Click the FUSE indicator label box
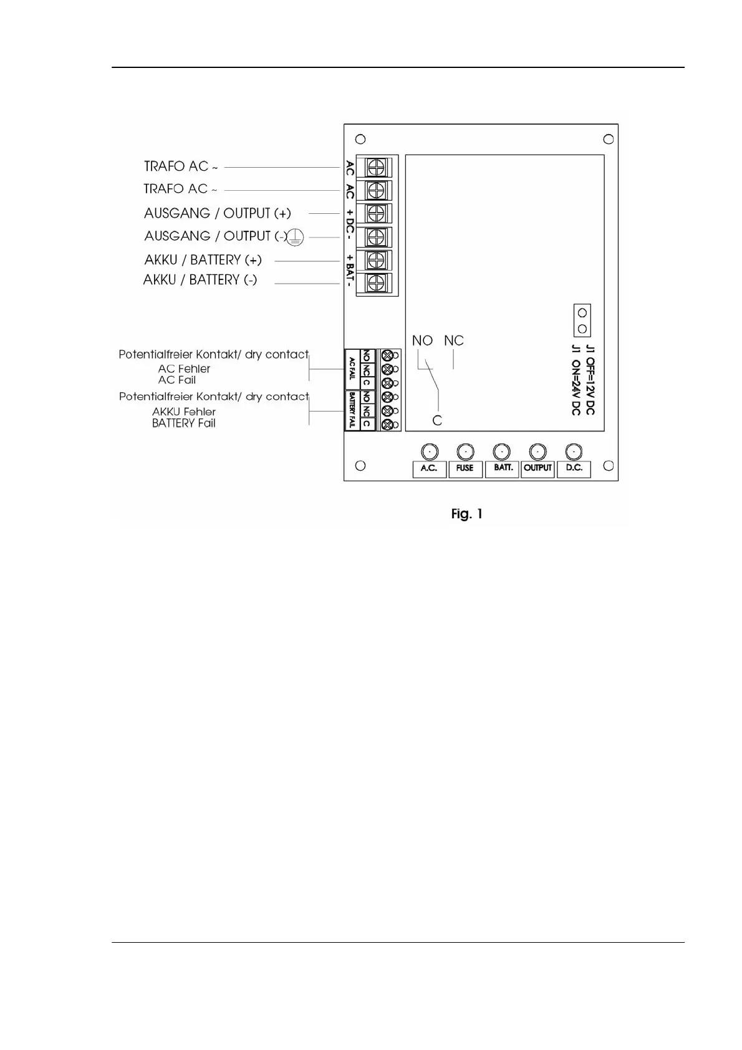pyautogui.click(x=465, y=469)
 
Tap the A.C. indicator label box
pyautogui.click(x=429, y=469)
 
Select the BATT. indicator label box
pyautogui.click(x=502, y=469)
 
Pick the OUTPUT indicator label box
pyautogui.click(x=537, y=469)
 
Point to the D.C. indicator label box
pyautogui.click(x=574, y=469)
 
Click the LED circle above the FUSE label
pyautogui.click(x=465, y=451)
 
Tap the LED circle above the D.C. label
pyautogui.click(x=574, y=451)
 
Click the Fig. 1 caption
pyautogui.click(x=467, y=514)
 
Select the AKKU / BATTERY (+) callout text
pyautogui.click(x=203, y=260)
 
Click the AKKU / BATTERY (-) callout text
pyautogui.click(x=200, y=280)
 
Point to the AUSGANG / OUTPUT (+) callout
pyautogui.click(x=217, y=213)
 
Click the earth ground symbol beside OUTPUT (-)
pyautogui.click(x=296, y=237)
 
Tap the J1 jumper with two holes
pyautogui.click(x=582, y=320)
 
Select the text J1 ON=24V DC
pyautogui.click(x=576, y=380)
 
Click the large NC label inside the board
pyautogui.click(x=454, y=340)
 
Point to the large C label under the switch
pyautogui.click(x=437, y=421)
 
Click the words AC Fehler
pyautogui.click(x=184, y=369)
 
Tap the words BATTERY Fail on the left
pyautogui.click(x=183, y=423)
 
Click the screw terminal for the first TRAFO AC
pyautogui.click(x=376, y=167)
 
